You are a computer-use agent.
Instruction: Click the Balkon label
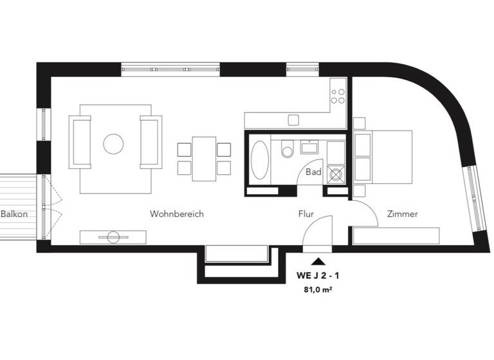point(14,214)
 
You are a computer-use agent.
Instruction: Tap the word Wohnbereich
point(177,214)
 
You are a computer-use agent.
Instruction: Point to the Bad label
point(313,172)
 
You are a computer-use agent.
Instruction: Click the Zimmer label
point(403,214)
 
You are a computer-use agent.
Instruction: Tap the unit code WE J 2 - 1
point(318,275)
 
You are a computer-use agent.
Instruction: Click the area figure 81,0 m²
point(318,290)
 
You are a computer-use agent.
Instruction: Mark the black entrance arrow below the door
point(318,261)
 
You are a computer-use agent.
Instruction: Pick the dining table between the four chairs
point(204,156)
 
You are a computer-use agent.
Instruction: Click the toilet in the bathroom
point(288,148)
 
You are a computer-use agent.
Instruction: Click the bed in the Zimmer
point(383,156)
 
